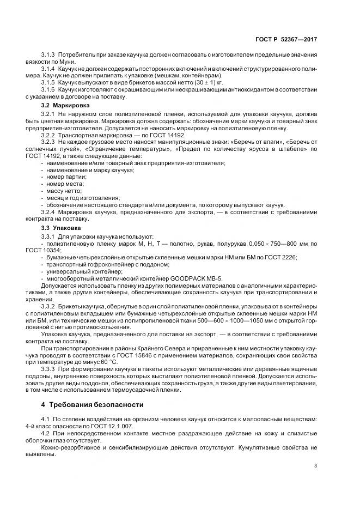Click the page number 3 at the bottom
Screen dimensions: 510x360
coord(315,465)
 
